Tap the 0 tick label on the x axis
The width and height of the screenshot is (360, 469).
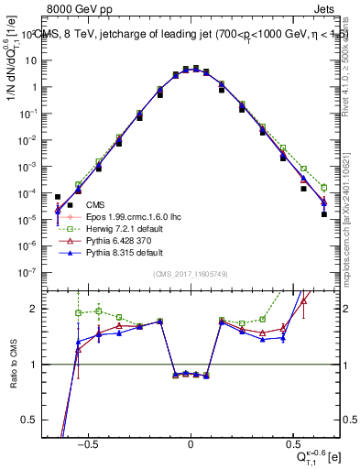tap(191, 442)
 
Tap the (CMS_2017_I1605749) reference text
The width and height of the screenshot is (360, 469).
tap(190, 276)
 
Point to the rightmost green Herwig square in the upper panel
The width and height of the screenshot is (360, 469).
tap(324, 187)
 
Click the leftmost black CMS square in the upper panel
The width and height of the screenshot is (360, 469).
tap(58, 197)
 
